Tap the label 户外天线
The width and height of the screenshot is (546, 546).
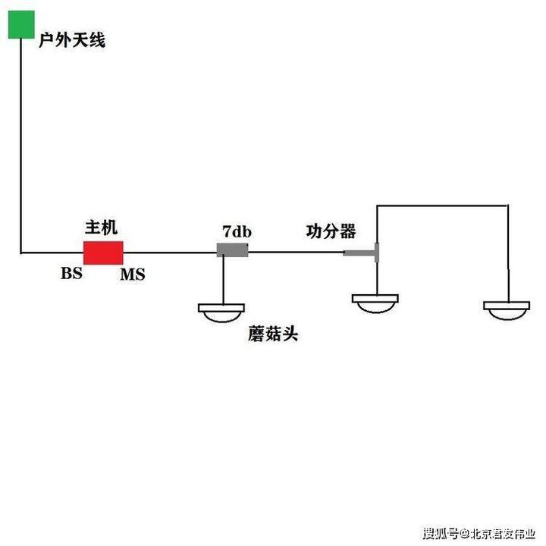click(x=72, y=40)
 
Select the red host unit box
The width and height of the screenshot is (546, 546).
click(x=103, y=253)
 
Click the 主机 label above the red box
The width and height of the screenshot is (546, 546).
click(x=101, y=227)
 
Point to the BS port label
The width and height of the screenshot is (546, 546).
click(x=71, y=274)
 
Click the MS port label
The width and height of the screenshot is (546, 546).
click(x=132, y=275)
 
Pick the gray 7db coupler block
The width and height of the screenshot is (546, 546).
click(x=233, y=250)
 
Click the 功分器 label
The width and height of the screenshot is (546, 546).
click(x=331, y=231)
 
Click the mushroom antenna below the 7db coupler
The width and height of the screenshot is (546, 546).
click(x=221, y=310)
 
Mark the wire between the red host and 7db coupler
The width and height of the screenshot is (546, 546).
click(x=170, y=252)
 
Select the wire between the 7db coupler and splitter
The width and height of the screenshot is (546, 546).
click(x=296, y=252)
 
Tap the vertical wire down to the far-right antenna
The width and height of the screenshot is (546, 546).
click(x=507, y=250)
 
